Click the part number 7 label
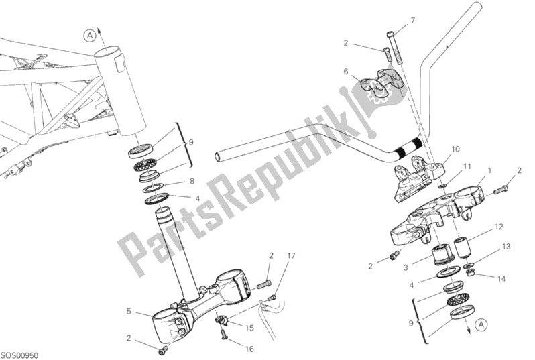point(413,21)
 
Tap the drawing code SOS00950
point(20,355)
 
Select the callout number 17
point(291,255)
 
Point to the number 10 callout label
point(455,149)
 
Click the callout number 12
point(499,227)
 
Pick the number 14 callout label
point(501,279)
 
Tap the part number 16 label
point(249,349)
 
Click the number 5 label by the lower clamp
point(129,311)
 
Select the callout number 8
point(192,181)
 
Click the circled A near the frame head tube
point(90,35)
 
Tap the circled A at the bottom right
point(481,325)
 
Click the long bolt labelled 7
point(394,48)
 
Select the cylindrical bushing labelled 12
point(460,247)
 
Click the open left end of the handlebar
point(219,158)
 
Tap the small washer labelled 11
point(442,186)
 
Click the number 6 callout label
point(346,72)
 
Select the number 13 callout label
point(506,247)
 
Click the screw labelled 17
point(272,298)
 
